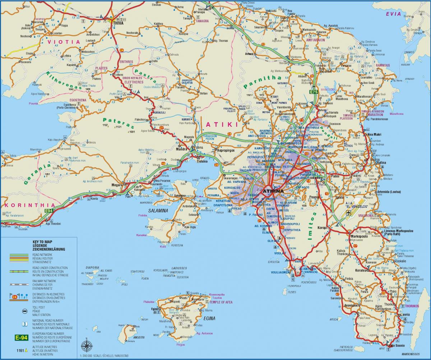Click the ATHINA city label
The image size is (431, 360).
(x=273, y=191)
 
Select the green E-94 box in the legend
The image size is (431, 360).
(x=21, y=337)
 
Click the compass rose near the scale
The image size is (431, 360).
(x=86, y=346)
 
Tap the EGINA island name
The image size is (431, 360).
(x=209, y=318)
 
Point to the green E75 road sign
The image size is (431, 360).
(x=314, y=92)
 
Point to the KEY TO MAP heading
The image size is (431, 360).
(x=37, y=242)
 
